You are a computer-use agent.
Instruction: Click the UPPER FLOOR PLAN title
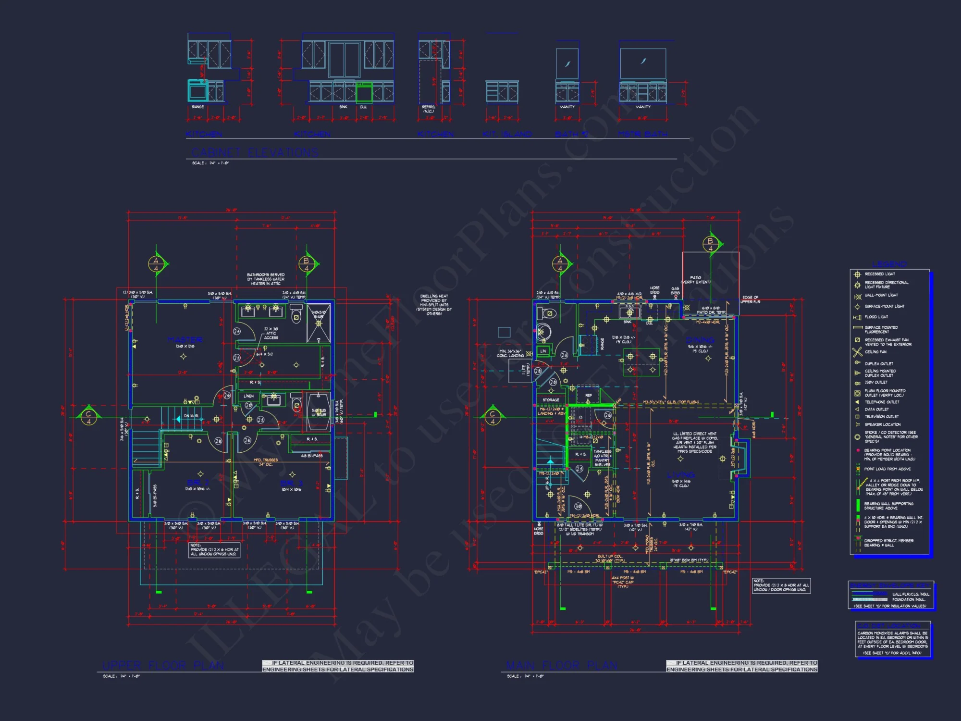163,665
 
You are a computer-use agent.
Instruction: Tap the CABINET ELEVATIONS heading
255,152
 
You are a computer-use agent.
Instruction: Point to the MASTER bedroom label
185,339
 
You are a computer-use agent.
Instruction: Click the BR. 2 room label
197,482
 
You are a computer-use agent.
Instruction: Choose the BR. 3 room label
292,483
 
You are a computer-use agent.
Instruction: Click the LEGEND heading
889,264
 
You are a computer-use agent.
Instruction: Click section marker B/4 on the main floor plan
710,244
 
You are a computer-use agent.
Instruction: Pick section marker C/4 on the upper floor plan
88,417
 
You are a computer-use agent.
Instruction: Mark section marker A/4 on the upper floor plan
156,264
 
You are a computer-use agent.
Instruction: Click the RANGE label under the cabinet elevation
197,107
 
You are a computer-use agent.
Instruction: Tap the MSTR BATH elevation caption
642,134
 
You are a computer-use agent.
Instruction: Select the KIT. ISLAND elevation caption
507,134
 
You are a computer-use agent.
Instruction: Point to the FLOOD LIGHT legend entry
876,317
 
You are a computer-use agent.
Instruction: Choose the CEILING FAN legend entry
875,352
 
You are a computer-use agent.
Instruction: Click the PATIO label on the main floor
695,278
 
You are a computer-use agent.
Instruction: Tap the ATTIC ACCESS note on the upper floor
271,333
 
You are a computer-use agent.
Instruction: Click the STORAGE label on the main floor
551,400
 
